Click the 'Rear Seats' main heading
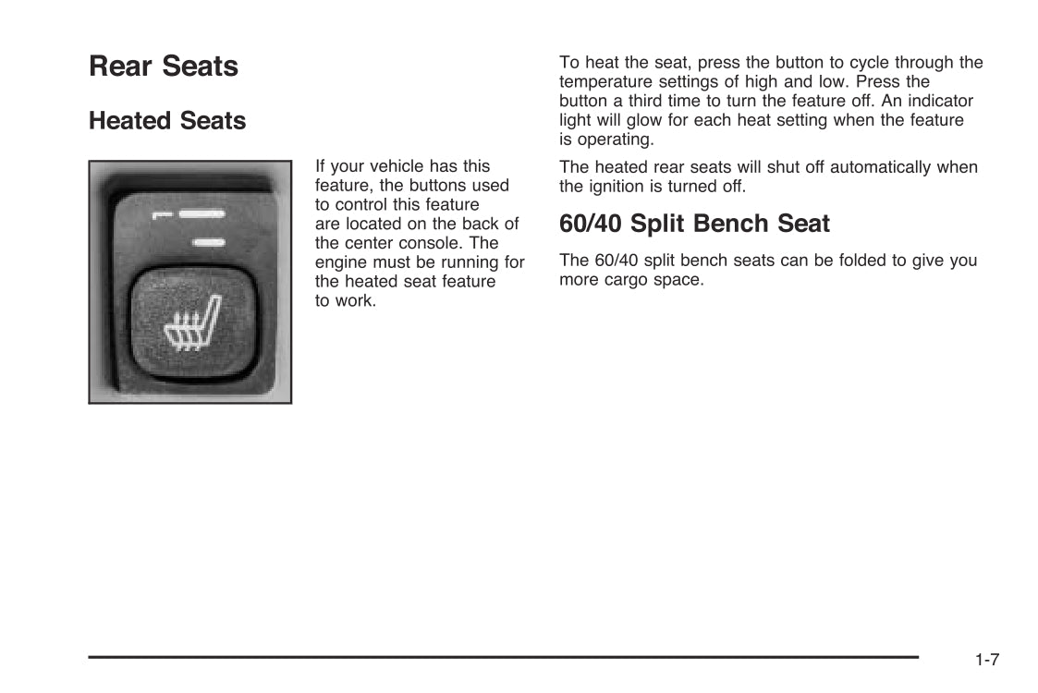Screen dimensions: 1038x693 tap(164, 67)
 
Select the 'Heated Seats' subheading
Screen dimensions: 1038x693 tap(167, 121)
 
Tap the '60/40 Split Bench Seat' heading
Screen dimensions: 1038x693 tap(694, 224)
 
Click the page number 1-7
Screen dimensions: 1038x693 tap(987, 659)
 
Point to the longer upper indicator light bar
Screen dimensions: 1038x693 tap(201, 214)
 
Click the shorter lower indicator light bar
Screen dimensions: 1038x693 tap(209, 243)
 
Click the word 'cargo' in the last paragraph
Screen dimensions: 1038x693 tap(627, 281)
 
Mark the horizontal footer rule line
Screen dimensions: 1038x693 tap(503, 657)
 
